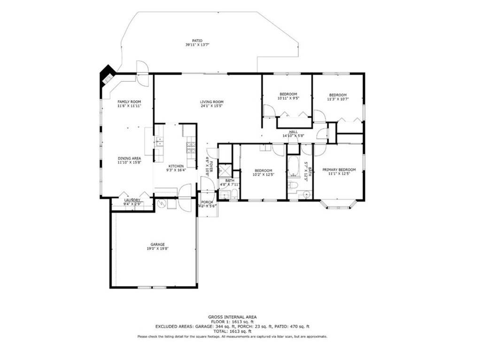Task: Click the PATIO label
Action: point(197,41)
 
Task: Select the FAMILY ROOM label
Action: point(129,102)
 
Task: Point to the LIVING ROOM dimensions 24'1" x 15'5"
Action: point(211,106)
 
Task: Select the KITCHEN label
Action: point(176,166)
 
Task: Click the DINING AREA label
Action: point(129,158)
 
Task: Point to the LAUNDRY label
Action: point(132,200)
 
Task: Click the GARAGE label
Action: point(157,244)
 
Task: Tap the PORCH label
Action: point(207,202)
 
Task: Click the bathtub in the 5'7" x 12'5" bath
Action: point(294,167)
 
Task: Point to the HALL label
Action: point(294,132)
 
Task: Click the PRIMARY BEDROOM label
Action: point(339,170)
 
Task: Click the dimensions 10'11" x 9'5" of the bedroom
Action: point(287,99)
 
